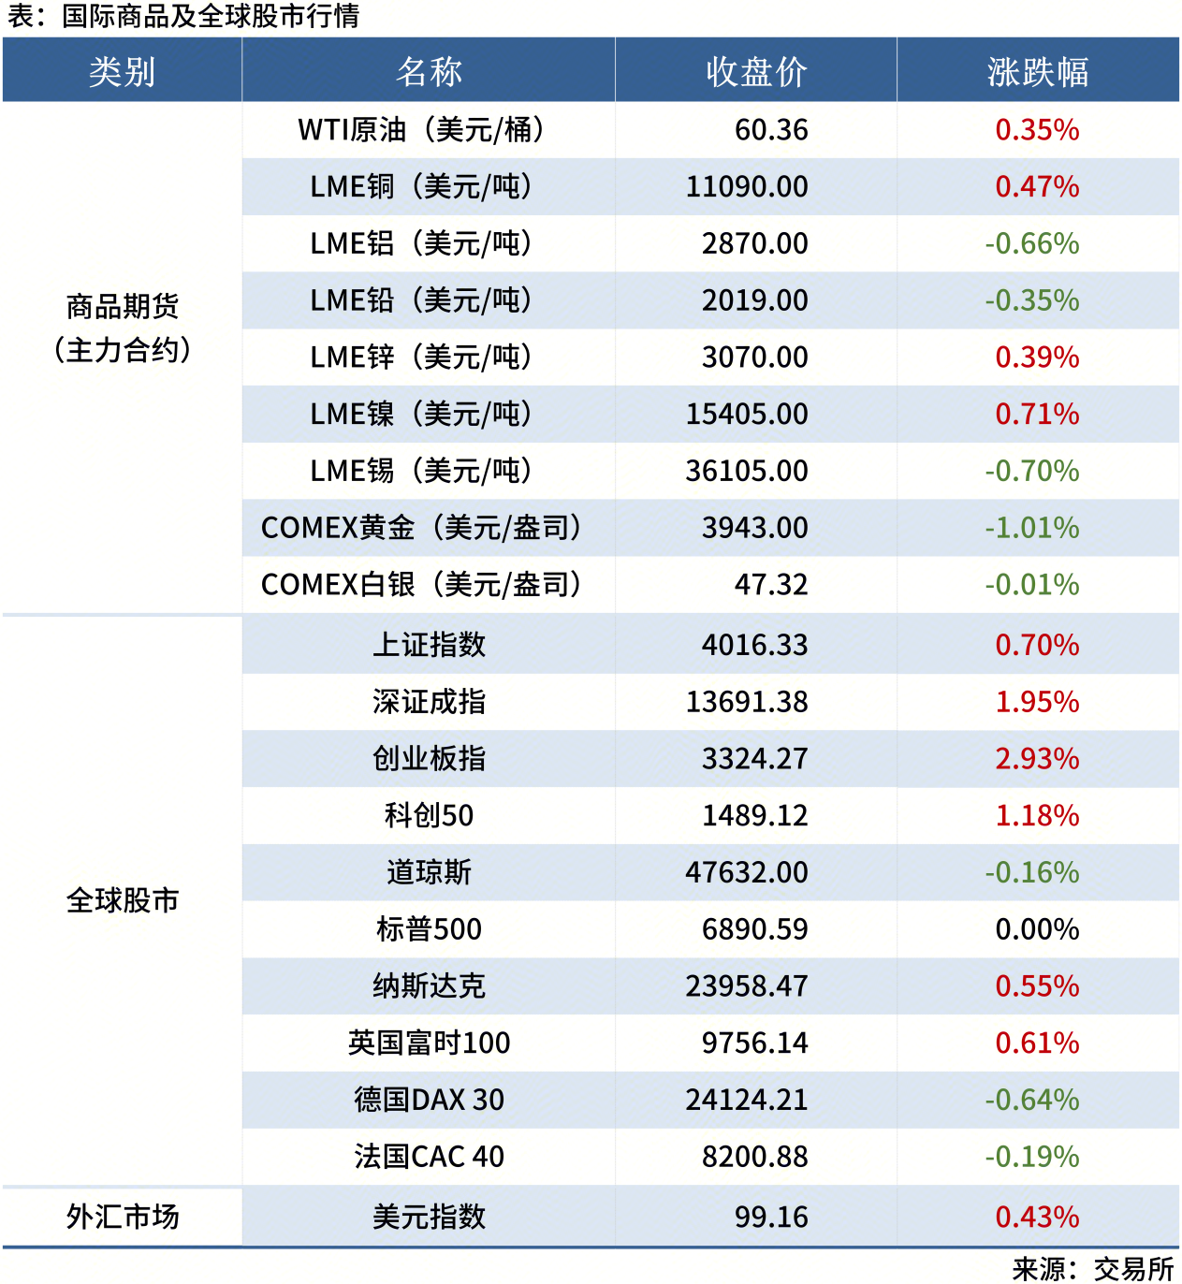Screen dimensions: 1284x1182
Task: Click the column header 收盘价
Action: (x=756, y=71)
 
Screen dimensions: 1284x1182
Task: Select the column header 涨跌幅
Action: (x=1037, y=71)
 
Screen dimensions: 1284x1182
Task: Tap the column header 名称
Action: (x=429, y=71)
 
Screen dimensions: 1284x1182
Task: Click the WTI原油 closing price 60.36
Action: (x=770, y=130)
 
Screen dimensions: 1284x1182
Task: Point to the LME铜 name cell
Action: (x=421, y=187)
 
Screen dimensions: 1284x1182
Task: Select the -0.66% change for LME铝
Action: (x=1031, y=244)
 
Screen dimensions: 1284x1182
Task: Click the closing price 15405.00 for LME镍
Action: (x=746, y=415)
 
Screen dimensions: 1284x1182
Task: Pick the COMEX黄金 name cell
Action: (x=421, y=528)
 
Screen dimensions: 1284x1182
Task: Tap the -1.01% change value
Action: (x=1031, y=528)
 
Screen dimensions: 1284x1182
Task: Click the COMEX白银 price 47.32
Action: (x=770, y=585)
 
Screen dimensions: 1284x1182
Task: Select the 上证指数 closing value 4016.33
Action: (x=754, y=645)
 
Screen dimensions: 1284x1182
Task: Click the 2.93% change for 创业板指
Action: (x=1037, y=759)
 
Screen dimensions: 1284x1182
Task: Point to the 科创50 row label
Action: (x=429, y=816)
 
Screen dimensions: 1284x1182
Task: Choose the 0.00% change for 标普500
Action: (x=1037, y=929)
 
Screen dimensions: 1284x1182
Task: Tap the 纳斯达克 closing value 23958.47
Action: (x=746, y=986)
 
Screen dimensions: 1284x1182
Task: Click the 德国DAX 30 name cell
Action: (x=429, y=1100)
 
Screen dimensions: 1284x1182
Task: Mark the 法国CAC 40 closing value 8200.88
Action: (x=754, y=1157)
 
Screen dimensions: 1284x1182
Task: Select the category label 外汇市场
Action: (x=122, y=1217)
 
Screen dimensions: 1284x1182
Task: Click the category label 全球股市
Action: (x=122, y=900)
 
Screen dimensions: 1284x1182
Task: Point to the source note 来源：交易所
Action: (x=1092, y=1269)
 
